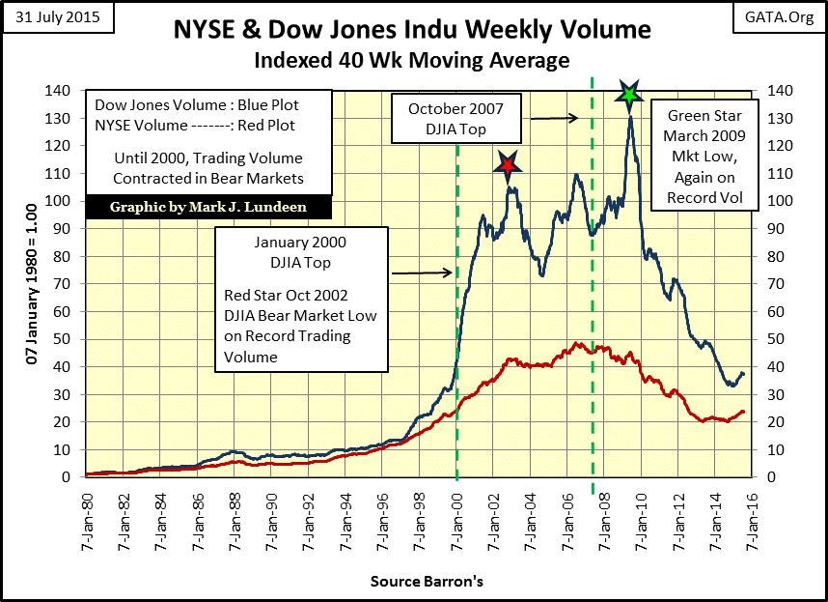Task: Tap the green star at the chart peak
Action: point(630,94)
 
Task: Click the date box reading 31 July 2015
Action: point(56,18)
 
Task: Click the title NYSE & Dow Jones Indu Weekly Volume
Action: point(413,29)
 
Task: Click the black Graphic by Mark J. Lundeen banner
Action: point(207,207)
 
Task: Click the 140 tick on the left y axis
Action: point(68,90)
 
